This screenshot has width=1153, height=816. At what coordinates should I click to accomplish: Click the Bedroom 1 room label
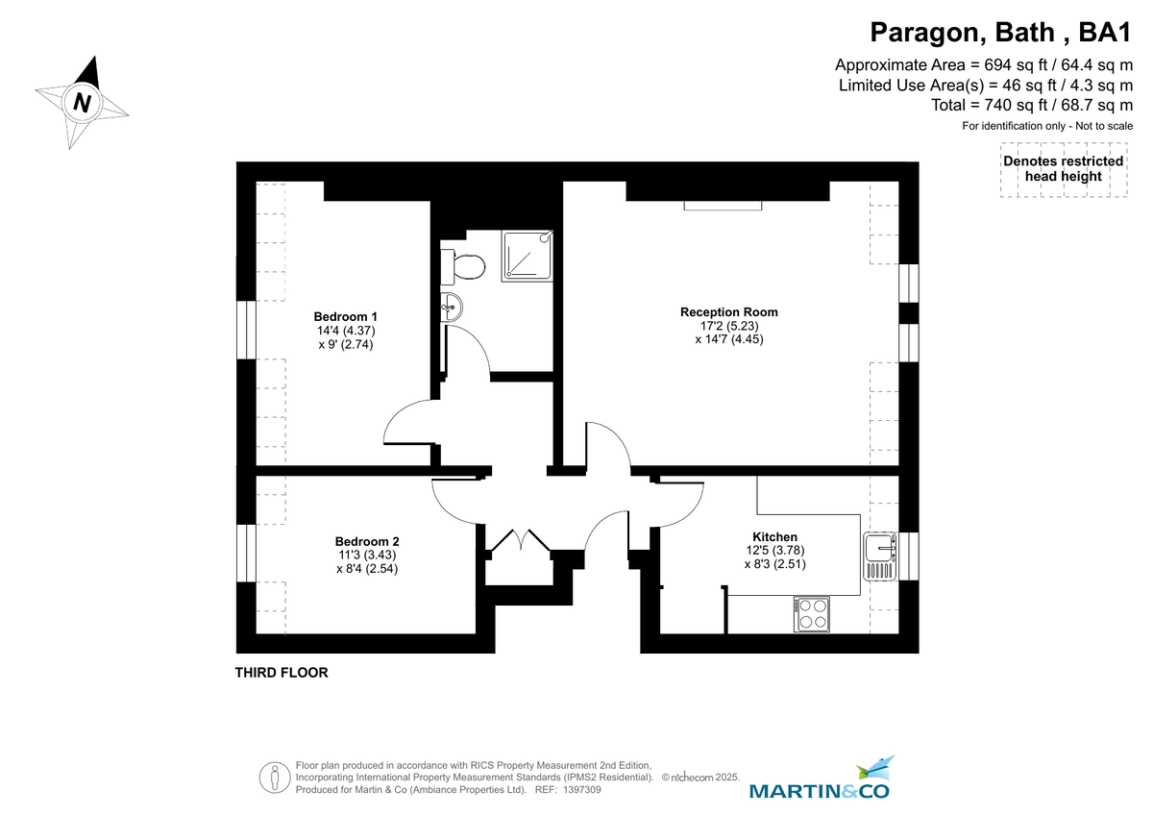tap(346, 317)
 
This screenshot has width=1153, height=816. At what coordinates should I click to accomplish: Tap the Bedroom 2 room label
tap(367, 541)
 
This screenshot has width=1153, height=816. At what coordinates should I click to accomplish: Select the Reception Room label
tap(728, 312)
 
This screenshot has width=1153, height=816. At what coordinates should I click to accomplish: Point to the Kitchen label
tap(774, 537)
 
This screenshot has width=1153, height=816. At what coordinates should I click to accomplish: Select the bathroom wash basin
tap(451, 308)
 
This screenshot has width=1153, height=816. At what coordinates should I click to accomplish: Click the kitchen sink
tap(879, 556)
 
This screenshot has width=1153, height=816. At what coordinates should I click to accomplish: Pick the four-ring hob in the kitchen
tap(812, 614)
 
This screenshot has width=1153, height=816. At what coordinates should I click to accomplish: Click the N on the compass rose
tap(83, 102)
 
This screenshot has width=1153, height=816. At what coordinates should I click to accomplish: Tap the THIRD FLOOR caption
tap(282, 673)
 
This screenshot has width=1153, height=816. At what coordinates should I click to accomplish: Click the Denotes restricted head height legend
tap(1063, 169)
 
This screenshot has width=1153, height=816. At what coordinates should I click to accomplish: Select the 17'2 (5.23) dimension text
tap(728, 326)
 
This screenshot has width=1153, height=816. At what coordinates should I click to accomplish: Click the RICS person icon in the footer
tap(276, 776)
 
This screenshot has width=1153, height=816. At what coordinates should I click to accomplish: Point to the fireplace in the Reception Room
tap(723, 205)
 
